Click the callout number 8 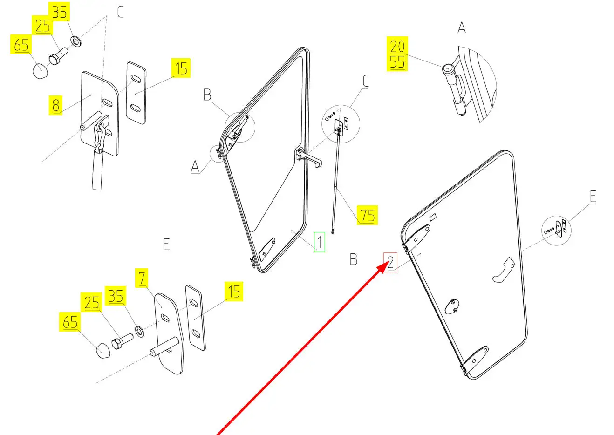coord(56,105)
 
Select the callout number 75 coord(367,215)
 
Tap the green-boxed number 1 coord(320,242)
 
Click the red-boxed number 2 coord(390,262)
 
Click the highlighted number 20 coord(397,47)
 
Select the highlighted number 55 coord(397,62)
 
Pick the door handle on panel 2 coord(503,271)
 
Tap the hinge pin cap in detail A coord(448,68)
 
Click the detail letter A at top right coord(461,28)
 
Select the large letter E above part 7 coord(166,244)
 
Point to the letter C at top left coord(120,12)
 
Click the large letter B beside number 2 coord(354,259)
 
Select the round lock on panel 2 coord(451,306)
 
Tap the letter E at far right coord(593,197)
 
